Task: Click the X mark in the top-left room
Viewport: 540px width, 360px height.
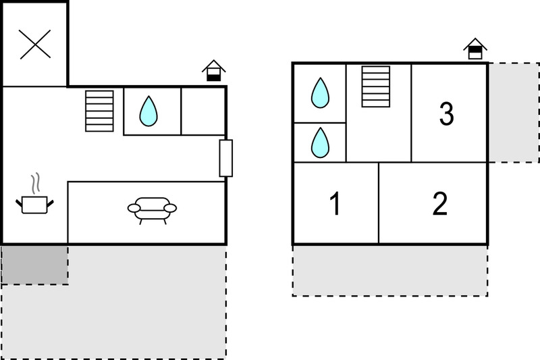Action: tap(35, 44)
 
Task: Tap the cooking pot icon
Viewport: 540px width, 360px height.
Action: tap(34, 205)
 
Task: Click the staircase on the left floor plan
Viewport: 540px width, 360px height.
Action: tap(99, 111)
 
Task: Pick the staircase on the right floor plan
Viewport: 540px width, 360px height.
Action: tap(376, 86)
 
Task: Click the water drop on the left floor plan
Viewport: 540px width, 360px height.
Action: tap(148, 111)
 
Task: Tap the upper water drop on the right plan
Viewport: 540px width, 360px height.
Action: tap(320, 93)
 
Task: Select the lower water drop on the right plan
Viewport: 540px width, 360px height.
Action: tap(320, 143)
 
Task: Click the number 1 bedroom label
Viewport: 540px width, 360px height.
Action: tap(335, 203)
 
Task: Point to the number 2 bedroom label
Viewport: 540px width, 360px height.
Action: tap(440, 203)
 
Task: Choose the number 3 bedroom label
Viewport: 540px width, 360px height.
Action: tap(447, 113)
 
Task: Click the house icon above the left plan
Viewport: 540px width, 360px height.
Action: tap(213, 71)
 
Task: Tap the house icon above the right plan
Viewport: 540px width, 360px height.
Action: tap(475, 49)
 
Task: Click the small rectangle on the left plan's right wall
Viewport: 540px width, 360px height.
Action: tap(226, 158)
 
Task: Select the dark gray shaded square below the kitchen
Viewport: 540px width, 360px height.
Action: tap(35, 265)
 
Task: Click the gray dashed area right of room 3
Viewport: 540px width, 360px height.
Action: tap(514, 113)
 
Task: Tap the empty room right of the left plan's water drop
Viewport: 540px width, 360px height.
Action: tap(203, 111)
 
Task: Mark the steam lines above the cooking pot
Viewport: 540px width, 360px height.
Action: tap(35, 183)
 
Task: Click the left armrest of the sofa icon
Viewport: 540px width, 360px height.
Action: tap(134, 208)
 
